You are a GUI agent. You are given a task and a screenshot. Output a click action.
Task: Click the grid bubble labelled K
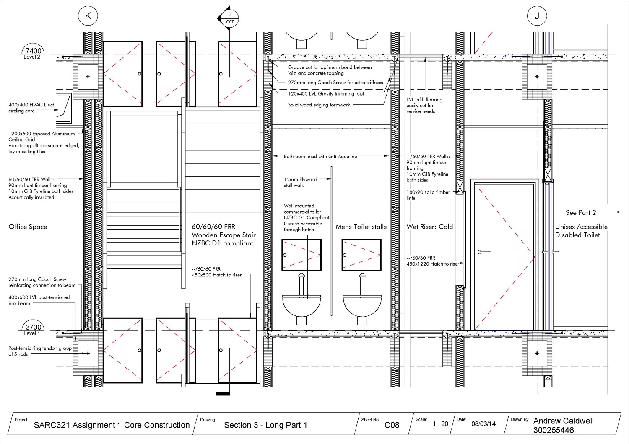click(x=88, y=16)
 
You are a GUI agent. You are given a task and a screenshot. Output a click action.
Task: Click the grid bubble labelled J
click(x=537, y=16)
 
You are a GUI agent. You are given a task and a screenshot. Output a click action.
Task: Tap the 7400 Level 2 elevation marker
click(x=33, y=52)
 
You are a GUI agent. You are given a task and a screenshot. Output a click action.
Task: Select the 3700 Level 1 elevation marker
click(x=33, y=328)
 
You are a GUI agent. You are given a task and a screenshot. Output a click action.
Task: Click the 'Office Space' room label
click(x=28, y=227)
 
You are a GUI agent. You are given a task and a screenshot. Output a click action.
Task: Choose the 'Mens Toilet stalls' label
click(x=361, y=227)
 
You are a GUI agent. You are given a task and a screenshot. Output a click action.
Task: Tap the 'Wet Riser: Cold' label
click(x=429, y=227)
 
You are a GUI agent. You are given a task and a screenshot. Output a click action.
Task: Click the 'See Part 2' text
click(x=580, y=212)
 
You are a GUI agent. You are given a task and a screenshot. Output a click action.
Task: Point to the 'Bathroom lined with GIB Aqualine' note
click(x=320, y=156)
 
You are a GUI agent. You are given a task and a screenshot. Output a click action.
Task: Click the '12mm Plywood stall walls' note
click(x=300, y=182)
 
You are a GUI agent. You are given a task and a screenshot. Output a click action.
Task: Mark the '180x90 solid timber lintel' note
click(x=428, y=195)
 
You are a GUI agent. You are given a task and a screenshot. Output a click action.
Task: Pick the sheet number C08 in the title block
click(x=392, y=425)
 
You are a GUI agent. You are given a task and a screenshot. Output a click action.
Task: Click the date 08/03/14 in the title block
click(x=483, y=424)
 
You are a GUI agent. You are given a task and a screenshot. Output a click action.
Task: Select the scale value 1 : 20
click(x=440, y=424)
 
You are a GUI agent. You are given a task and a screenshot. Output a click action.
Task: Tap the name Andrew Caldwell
click(x=563, y=421)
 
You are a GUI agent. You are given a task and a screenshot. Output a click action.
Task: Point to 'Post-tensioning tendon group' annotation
click(x=40, y=351)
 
